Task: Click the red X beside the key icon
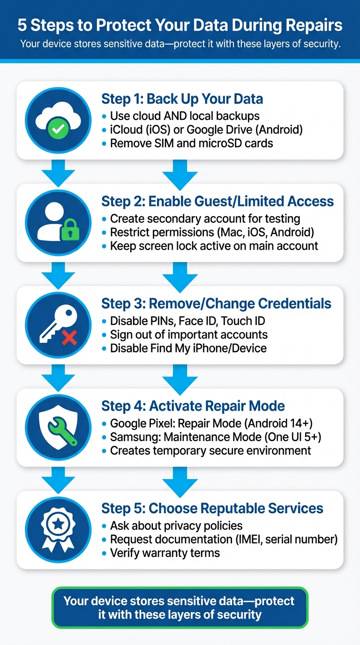click(69, 337)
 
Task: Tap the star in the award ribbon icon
click(58, 525)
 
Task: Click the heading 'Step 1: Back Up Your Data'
click(182, 99)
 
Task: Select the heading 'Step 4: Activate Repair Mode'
click(193, 406)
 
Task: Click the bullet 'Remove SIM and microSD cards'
click(191, 143)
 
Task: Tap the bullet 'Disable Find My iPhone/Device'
click(188, 348)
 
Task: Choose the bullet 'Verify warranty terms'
click(165, 553)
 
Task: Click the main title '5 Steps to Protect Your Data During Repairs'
click(180, 25)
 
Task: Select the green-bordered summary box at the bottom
click(180, 607)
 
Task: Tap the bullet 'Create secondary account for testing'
click(205, 218)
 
